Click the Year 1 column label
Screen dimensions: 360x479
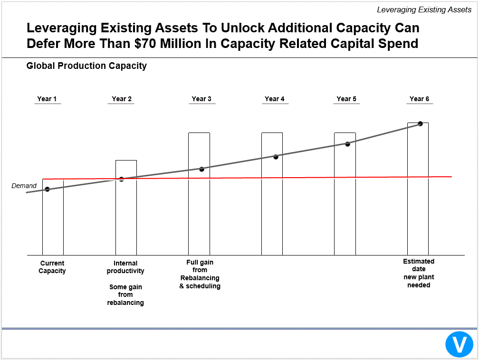(47, 99)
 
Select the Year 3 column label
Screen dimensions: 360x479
(201, 99)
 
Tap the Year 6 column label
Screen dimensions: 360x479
(419, 99)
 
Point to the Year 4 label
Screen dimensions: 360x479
(275, 99)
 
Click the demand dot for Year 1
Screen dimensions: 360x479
(47, 189)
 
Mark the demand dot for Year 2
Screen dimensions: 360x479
(121, 179)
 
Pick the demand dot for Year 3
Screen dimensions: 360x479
(201, 169)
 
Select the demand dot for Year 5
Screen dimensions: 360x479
(347, 144)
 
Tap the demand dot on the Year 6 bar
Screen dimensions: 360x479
(420, 123)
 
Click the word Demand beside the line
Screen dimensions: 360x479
(24, 186)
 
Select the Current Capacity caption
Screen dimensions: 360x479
(52, 267)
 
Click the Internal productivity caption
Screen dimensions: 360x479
(125, 267)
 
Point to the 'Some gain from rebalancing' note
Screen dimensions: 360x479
(125, 294)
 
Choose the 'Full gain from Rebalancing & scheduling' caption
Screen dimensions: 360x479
(200, 274)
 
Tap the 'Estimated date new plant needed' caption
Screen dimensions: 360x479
(419, 273)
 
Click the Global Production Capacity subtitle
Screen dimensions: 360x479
(86, 66)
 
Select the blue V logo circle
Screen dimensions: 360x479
(459, 344)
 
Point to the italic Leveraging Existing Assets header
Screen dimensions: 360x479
(424, 9)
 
